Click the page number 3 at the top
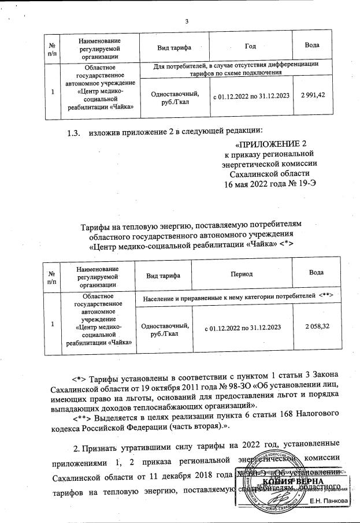pos(187,22)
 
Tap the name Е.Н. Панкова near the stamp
pos(330,500)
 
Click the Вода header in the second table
pos(316,272)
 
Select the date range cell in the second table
pos(243,328)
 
